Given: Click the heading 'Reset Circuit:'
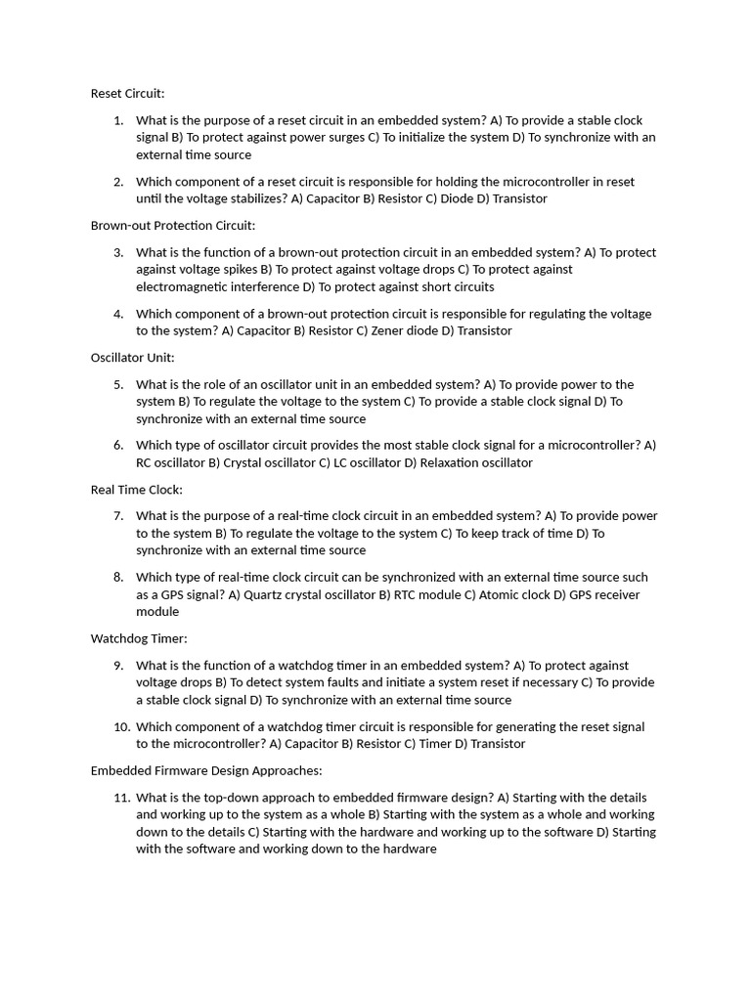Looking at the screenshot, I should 127,94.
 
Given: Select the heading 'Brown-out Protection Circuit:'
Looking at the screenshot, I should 172,226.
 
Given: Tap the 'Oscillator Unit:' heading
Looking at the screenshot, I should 132,358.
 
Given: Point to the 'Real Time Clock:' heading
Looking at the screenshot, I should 136,490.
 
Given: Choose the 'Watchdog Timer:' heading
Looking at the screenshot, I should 138,638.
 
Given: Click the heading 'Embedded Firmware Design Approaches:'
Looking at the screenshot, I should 205,770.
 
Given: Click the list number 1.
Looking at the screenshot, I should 117,120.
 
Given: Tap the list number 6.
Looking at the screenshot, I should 117,446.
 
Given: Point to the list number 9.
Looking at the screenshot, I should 117,666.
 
